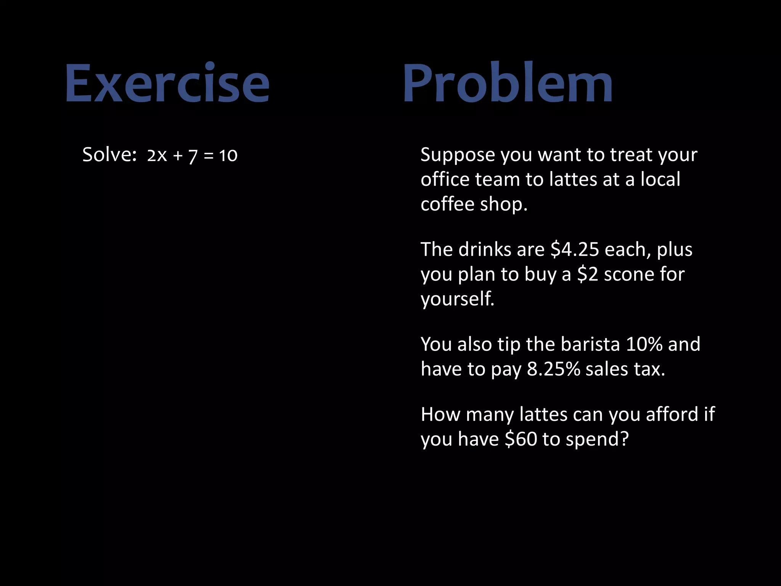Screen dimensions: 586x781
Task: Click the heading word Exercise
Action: pyautogui.click(x=167, y=83)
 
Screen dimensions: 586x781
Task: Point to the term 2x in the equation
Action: pyautogui.click(x=157, y=156)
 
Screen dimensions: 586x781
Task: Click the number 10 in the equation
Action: pyautogui.click(x=228, y=156)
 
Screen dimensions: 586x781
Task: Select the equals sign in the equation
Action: pyautogui.click(x=208, y=156)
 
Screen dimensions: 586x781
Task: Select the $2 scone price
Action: pyautogui.click(x=587, y=274)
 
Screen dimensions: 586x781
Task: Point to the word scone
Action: pyautogui.click(x=629, y=274)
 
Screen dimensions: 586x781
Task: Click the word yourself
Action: pyautogui.click(x=457, y=299)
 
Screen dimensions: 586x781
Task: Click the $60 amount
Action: pyautogui.click(x=521, y=439)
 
